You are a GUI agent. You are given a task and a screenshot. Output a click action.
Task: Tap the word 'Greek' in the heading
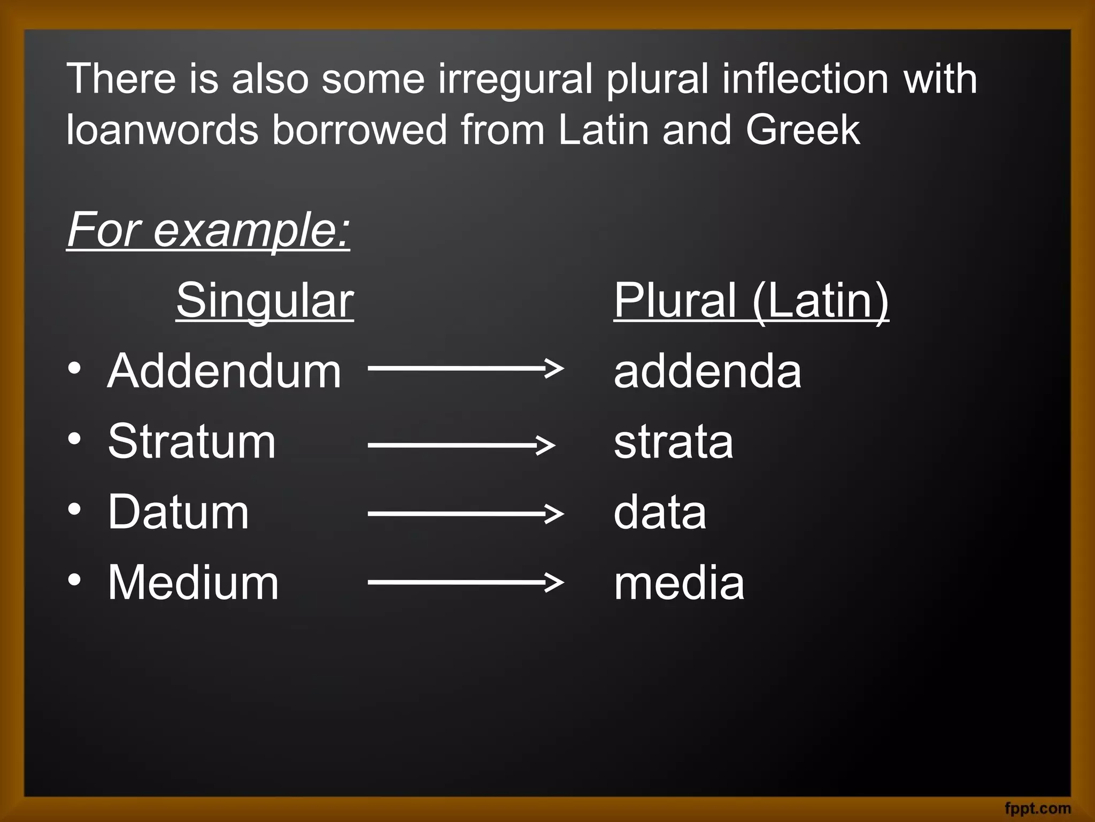(x=803, y=130)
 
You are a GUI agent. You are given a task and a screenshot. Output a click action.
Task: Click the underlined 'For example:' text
(x=209, y=230)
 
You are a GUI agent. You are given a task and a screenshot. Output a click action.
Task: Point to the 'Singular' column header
(x=265, y=300)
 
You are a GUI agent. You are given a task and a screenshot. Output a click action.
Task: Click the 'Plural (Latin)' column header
(x=751, y=300)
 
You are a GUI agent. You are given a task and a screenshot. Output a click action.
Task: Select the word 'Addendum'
(x=224, y=371)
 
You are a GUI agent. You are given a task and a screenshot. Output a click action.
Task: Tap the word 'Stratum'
(x=191, y=442)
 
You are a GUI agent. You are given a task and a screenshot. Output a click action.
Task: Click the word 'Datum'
(x=178, y=512)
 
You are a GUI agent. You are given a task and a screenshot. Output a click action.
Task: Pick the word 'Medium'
(x=193, y=583)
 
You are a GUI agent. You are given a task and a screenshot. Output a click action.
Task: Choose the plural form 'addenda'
(x=707, y=371)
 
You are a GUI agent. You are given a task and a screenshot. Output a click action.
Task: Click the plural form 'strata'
(x=673, y=442)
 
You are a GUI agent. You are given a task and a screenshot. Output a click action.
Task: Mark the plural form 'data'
(x=660, y=512)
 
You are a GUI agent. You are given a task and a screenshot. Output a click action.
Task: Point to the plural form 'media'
(x=678, y=583)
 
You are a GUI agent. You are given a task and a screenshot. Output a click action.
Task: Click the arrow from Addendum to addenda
(x=465, y=368)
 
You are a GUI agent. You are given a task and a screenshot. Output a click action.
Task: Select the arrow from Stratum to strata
(x=461, y=444)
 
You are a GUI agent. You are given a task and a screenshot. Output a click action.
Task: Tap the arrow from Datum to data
(x=465, y=513)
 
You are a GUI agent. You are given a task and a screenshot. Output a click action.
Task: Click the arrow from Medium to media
(x=465, y=582)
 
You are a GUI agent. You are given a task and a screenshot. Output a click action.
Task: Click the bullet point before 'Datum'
(x=75, y=509)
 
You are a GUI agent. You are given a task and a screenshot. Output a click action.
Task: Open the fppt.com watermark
(x=1038, y=808)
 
